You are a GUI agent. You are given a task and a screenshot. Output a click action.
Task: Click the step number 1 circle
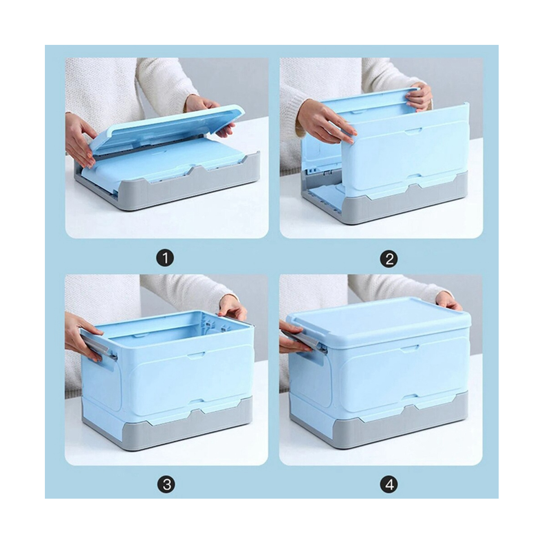pyautogui.click(x=165, y=259)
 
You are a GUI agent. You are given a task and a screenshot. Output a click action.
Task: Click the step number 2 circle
pyautogui.click(x=389, y=259)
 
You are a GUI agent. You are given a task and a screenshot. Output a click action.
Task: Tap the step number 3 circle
pyautogui.click(x=166, y=485)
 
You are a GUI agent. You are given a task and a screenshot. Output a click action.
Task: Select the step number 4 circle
pyautogui.click(x=389, y=485)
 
